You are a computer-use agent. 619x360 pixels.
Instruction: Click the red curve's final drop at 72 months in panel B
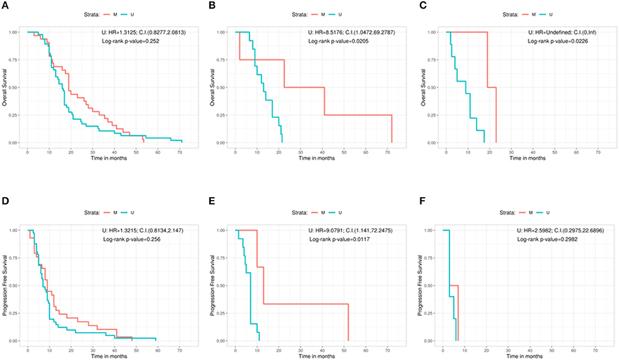tap(392, 129)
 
